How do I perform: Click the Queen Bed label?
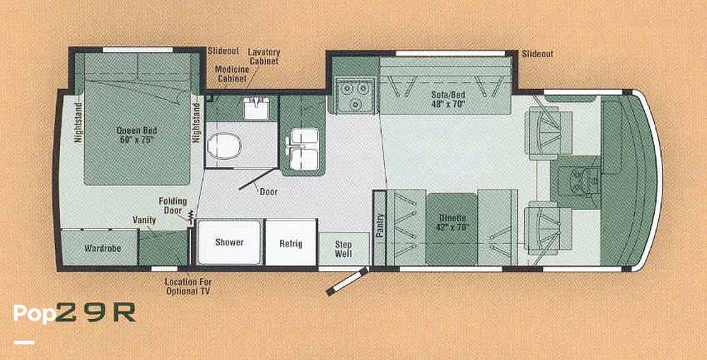point(136,135)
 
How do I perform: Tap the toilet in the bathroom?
point(224,146)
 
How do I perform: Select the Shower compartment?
point(229,243)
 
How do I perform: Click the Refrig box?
point(291,243)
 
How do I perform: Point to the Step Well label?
point(344,249)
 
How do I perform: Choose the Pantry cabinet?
point(380,228)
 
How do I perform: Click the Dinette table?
point(452,229)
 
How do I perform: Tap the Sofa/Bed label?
point(448,100)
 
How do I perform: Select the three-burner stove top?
point(354,95)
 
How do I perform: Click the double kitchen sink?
point(303,149)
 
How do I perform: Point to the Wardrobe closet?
point(99,248)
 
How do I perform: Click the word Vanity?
point(144,220)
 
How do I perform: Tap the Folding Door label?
point(173,206)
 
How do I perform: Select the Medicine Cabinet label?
point(232,74)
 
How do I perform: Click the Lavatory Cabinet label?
point(264,57)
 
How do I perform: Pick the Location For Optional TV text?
point(187,286)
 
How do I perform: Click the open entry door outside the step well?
point(346,282)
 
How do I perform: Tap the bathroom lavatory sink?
point(256,109)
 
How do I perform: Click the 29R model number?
point(95,313)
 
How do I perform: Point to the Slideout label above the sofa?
point(537,54)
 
